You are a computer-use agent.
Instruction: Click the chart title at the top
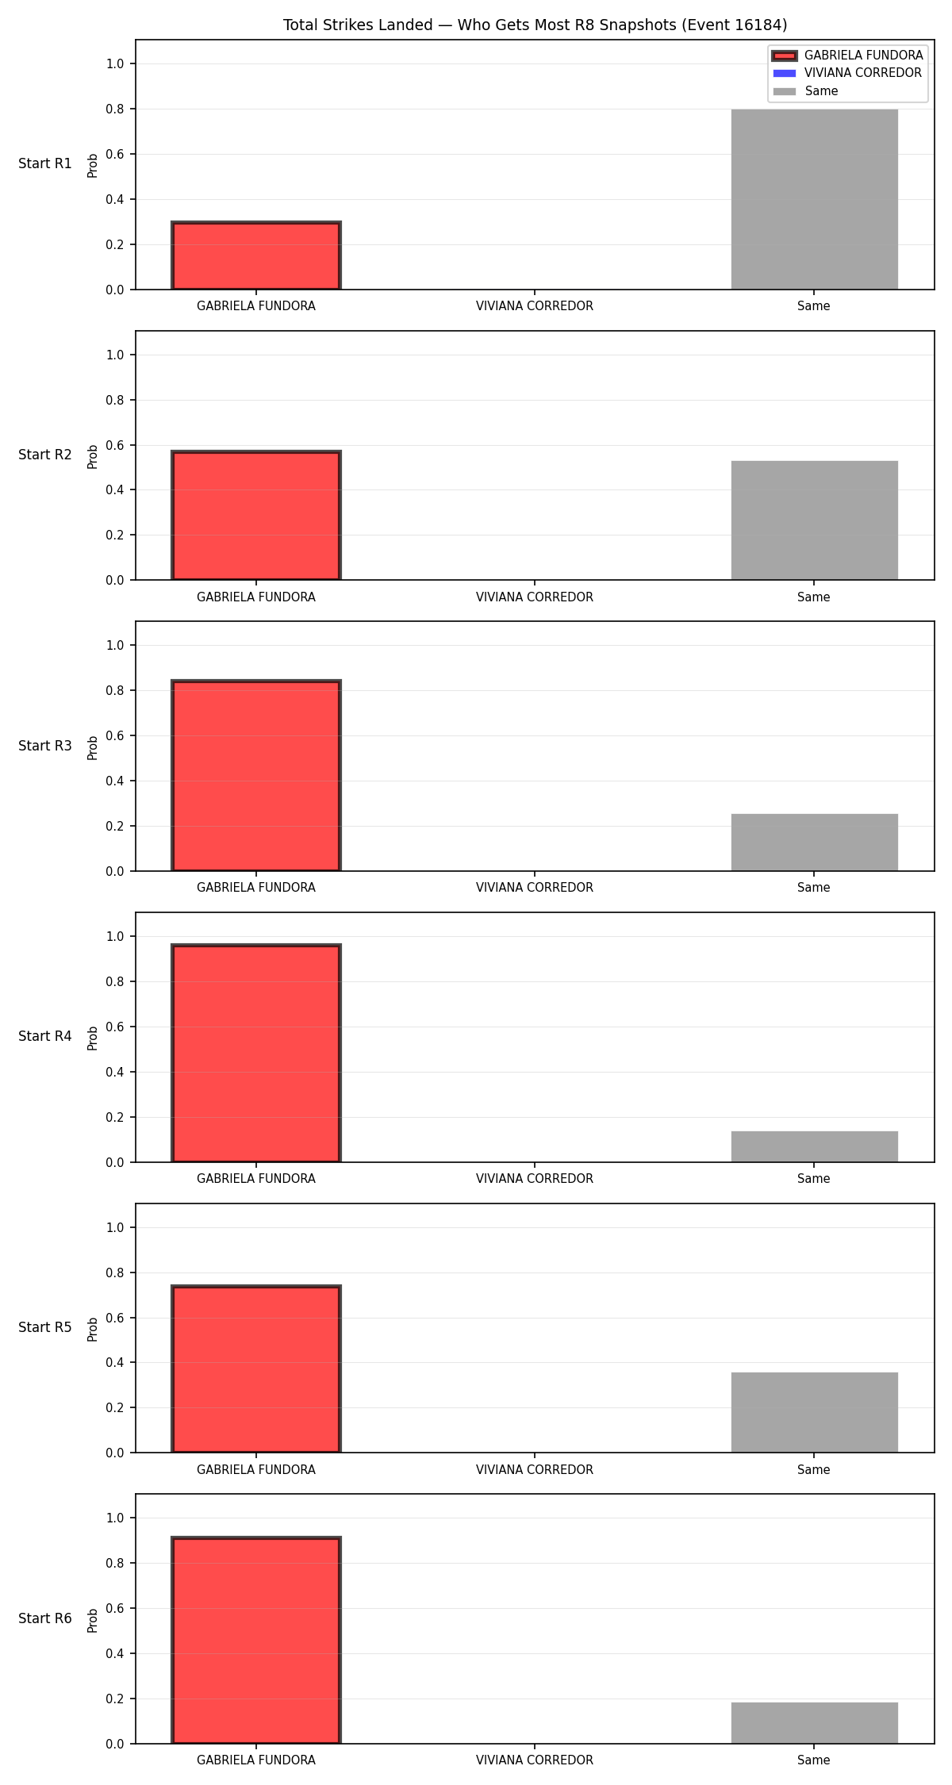(x=535, y=25)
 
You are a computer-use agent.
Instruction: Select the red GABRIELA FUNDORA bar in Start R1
(x=256, y=255)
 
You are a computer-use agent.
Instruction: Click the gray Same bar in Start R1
(x=814, y=199)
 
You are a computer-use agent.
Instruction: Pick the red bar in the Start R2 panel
(x=256, y=515)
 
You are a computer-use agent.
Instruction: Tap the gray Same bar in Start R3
(x=814, y=843)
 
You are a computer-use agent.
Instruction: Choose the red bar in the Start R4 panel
(x=256, y=1053)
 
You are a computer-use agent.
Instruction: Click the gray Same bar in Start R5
(x=814, y=1412)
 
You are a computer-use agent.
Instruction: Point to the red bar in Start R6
(x=256, y=1640)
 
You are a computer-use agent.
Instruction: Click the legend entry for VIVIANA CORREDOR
(x=847, y=73)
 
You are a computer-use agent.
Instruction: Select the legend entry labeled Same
(x=805, y=91)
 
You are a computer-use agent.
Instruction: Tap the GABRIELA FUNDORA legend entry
(x=847, y=56)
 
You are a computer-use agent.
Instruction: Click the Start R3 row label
(x=45, y=746)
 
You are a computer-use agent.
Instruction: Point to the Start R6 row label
(x=45, y=1618)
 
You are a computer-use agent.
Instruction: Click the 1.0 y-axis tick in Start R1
(x=116, y=63)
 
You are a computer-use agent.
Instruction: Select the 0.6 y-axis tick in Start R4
(x=116, y=1027)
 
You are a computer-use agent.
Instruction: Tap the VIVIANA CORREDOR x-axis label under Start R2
(x=535, y=597)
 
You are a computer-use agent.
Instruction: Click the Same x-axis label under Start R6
(x=814, y=1760)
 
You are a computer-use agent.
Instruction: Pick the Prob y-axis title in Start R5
(x=93, y=1329)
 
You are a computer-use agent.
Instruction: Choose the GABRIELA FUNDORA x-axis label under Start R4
(x=256, y=1179)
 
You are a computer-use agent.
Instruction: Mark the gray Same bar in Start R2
(x=814, y=520)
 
